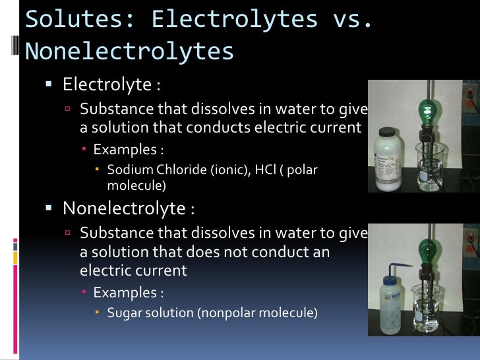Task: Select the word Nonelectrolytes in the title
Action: point(129,51)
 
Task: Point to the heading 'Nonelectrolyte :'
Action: point(129,208)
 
